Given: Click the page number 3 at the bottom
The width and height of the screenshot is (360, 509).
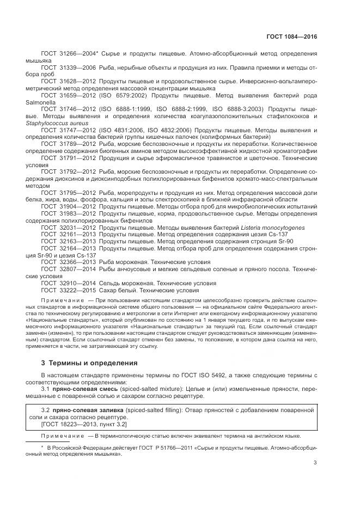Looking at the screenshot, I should (x=315, y=463).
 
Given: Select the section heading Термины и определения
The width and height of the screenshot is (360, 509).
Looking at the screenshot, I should (x=89, y=362).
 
